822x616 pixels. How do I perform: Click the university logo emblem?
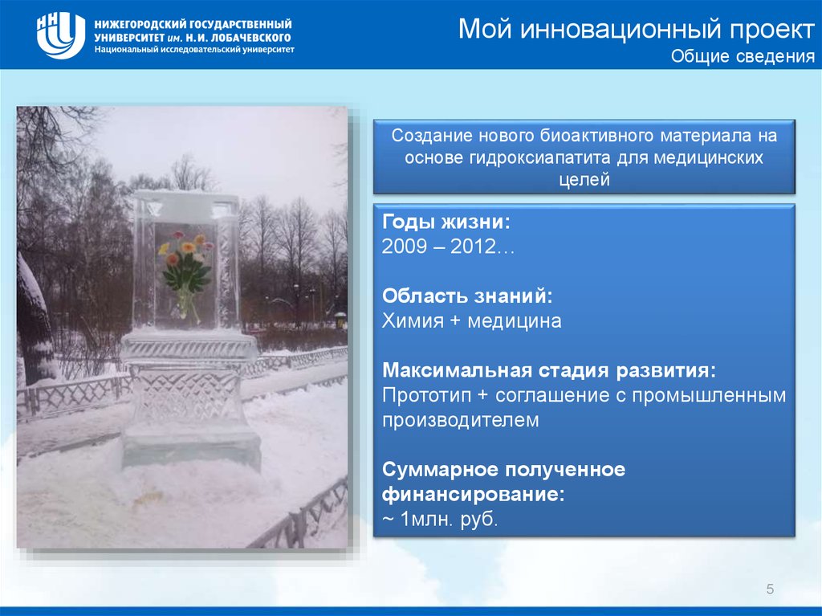pos(61,35)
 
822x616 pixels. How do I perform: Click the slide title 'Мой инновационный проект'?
pos(637,28)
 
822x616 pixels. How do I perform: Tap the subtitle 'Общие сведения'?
pos(743,56)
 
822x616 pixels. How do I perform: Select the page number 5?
pos(770,589)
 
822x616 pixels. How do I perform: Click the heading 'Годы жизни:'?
pos(446,222)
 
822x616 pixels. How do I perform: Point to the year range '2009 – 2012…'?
pos(448,246)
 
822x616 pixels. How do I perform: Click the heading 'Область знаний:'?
pos(467,296)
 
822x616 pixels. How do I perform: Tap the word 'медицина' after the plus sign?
pos(515,321)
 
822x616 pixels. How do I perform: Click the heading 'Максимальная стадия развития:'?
pos(549,370)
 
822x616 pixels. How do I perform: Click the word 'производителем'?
pos(460,420)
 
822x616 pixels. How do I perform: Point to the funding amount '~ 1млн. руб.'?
pos(440,519)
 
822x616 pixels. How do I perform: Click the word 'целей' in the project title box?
pos(584,180)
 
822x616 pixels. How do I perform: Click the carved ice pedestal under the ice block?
pos(190,400)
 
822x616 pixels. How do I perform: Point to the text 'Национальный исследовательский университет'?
pos(194,50)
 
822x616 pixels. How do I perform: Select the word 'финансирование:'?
pos(474,494)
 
